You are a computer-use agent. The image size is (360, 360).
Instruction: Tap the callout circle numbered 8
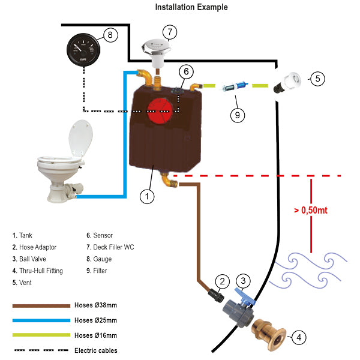pyautogui.click(x=110, y=35)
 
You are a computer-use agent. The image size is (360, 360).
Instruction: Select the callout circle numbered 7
pyautogui.click(x=170, y=31)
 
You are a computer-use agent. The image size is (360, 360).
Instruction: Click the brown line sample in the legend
pyautogui.click(x=41, y=305)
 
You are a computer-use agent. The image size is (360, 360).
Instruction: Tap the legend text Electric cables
pyautogui.click(x=95, y=350)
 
